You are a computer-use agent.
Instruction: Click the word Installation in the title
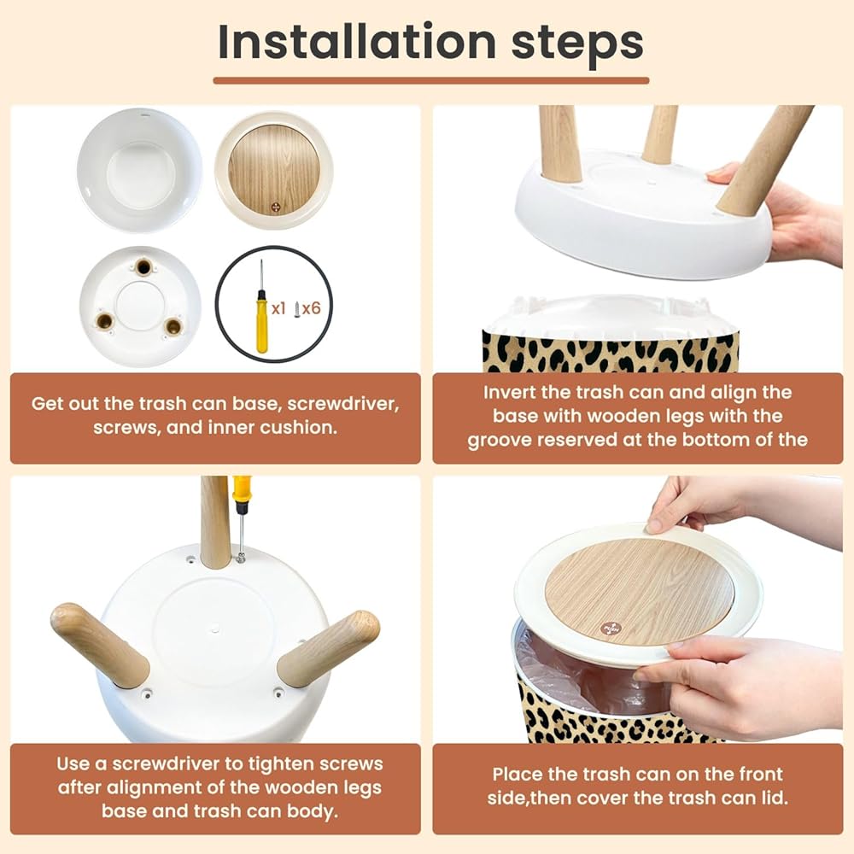click(357, 42)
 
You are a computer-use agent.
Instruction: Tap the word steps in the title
click(577, 44)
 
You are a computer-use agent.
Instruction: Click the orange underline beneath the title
click(430, 80)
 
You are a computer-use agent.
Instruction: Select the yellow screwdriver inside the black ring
click(262, 307)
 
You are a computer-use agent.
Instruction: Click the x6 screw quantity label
click(311, 309)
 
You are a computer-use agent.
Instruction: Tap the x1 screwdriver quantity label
click(278, 309)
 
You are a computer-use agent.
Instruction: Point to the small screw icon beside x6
click(297, 309)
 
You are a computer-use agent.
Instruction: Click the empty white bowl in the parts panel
click(139, 170)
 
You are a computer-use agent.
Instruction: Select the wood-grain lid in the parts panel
click(274, 171)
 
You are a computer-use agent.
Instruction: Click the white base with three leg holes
click(141, 306)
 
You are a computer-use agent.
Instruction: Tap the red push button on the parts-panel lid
click(276, 208)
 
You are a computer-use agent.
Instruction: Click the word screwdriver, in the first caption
click(343, 404)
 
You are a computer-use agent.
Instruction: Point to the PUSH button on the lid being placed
click(610, 628)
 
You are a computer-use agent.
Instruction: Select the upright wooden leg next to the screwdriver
click(214, 521)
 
